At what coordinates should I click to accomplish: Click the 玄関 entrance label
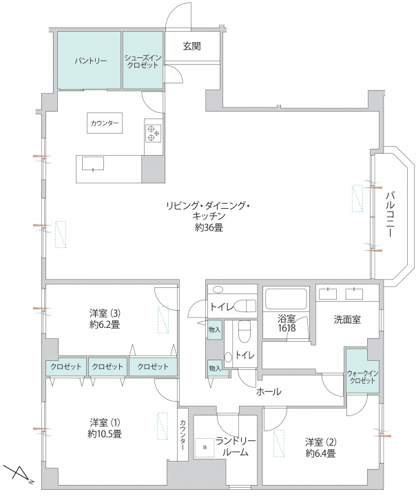[192, 46]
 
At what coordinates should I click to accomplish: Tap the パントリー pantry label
[91, 61]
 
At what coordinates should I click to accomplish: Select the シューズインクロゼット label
[143, 62]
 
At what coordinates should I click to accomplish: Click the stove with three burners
[154, 133]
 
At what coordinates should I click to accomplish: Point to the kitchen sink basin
[93, 163]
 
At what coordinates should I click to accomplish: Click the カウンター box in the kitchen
[105, 123]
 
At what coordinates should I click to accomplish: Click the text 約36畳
[209, 227]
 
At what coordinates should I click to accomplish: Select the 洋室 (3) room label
[105, 313]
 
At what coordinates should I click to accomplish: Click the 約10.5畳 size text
[105, 434]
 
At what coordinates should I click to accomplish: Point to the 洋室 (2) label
[321, 442]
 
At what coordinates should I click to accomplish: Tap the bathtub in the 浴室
[286, 298]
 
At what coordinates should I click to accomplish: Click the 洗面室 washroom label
[347, 320]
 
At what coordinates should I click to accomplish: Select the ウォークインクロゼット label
[362, 377]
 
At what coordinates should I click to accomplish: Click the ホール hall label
[269, 392]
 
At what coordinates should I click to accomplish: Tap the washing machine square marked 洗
[205, 448]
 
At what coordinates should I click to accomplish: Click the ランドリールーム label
[236, 446]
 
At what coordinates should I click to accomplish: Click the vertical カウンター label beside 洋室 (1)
[183, 435]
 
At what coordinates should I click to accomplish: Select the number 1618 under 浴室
[287, 328]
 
